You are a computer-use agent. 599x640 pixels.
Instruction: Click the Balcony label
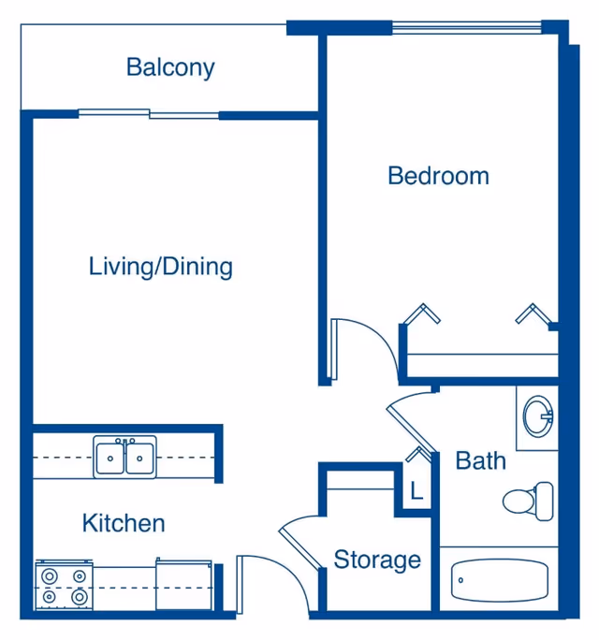click(x=170, y=67)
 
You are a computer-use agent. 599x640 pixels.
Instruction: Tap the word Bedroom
click(x=438, y=176)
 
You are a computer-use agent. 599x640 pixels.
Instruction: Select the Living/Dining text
click(x=160, y=268)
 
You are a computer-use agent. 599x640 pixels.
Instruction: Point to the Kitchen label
click(x=124, y=523)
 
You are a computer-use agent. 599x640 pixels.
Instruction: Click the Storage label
click(x=377, y=560)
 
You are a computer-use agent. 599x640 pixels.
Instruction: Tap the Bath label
click(x=480, y=460)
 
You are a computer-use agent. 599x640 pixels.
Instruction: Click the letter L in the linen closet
click(x=416, y=491)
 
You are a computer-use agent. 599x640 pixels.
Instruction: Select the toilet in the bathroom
click(x=528, y=502)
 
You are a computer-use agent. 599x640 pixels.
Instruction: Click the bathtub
click(x=500, y=580)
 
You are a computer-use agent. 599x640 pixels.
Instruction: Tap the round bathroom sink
click(x=538, y=416)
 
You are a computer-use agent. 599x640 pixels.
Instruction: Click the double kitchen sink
click(x=124, y=457)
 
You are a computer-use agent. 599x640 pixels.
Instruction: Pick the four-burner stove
click(x=64, y=586)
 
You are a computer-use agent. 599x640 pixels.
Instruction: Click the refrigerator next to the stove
click(x=184, y=585)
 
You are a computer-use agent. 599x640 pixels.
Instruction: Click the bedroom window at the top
click(x=467, y=28)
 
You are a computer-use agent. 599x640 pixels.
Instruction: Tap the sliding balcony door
click(x=149, y=114)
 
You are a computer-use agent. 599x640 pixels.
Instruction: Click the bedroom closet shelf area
click(x=483, y=365)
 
